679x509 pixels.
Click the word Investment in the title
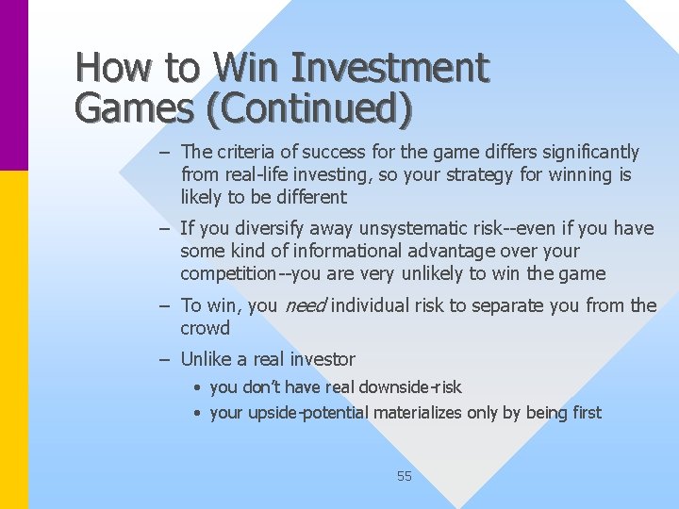click(390, 68)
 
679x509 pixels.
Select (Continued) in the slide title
click(302, 108)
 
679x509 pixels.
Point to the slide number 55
click(404, 476)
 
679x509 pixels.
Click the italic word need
click(305, 305)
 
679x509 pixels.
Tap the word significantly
click(583, 152)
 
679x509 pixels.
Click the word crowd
click(205, 328)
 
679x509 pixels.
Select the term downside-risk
click(405, 386)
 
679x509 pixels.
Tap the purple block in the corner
click(14, 85)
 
